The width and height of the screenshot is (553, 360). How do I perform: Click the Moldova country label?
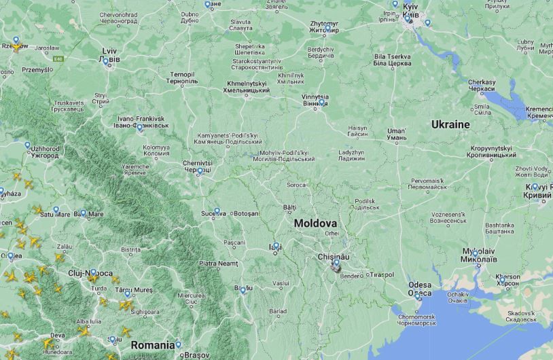315,223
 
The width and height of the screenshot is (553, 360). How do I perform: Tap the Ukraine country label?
450,124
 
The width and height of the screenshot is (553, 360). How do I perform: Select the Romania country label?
153,345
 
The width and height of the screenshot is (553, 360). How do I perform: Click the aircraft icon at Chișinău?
336,268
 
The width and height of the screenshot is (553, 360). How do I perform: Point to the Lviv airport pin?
105,61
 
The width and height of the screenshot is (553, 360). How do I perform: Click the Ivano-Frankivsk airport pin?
140,127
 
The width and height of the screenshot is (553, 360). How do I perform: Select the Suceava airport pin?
217,212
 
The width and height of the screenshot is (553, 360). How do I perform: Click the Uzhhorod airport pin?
28,145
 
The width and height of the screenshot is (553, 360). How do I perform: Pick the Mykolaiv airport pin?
476,253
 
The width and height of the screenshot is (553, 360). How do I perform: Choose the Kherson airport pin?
502,279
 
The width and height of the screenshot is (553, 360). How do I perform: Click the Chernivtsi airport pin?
200,172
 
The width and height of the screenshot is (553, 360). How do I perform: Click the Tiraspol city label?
382,275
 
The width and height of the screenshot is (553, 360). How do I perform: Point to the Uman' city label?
396,134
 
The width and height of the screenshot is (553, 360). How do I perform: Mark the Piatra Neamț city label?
219,263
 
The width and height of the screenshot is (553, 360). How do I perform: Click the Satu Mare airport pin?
56,210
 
